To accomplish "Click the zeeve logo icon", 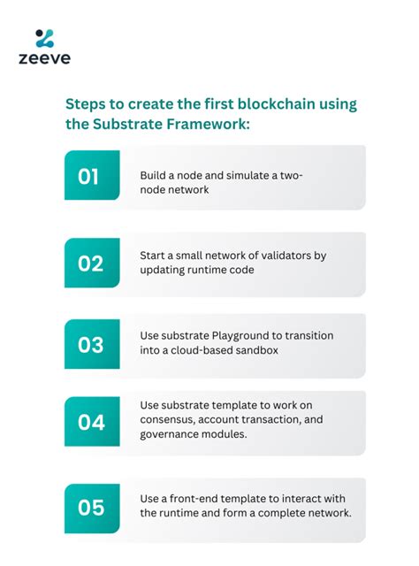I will pos(44,38).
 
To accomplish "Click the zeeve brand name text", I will pos(44,59).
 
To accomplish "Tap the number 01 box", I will pos(91,177).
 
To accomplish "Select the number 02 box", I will pos(91,263).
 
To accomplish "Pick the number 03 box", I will pos(91,344).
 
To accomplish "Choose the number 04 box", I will pos(91,422).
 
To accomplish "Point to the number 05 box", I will pos(91,508).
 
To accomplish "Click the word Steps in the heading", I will pos(87,104).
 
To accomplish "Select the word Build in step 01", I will pos(154,175).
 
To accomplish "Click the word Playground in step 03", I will pos(232,336).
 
